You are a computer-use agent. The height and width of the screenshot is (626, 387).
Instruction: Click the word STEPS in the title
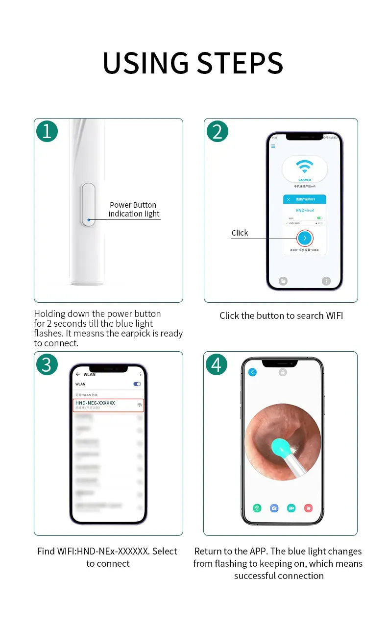240,63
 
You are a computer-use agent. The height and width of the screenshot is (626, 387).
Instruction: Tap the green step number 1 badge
47,131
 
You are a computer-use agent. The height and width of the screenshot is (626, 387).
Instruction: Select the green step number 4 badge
217,364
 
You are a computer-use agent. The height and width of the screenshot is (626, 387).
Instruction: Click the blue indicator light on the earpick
89,220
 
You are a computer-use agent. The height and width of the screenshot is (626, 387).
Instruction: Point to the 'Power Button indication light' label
133,209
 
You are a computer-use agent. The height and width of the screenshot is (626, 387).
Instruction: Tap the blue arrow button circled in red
305,238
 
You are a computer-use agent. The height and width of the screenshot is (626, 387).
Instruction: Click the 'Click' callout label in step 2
240,233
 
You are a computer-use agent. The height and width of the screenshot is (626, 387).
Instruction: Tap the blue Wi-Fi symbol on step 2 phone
305,167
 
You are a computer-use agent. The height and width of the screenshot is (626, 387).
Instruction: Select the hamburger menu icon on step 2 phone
273,146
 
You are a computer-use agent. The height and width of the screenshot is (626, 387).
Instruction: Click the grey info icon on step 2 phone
326,281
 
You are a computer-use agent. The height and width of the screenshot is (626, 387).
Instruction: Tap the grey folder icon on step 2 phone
283,281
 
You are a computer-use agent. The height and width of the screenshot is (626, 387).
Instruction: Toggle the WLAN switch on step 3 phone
137,384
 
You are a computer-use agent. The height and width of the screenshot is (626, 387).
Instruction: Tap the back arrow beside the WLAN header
78,374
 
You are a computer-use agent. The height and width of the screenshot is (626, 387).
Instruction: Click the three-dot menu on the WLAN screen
141,374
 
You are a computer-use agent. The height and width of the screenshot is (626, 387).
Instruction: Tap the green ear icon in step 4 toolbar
257,508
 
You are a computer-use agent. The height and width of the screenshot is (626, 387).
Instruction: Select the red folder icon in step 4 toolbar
308,508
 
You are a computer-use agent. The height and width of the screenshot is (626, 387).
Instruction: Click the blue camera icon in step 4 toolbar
274,508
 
